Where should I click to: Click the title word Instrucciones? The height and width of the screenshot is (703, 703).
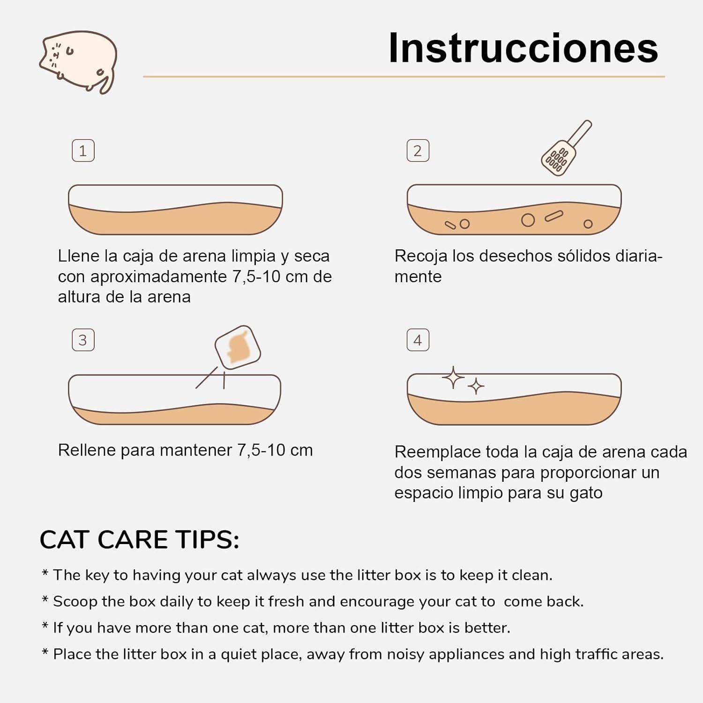coord(523,48)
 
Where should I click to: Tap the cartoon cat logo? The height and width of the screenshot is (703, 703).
coord(78,61)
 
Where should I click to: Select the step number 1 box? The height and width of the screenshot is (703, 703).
coord(83,151)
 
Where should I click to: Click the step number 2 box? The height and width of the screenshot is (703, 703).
coord(418,151)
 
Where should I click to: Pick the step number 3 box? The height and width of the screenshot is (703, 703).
coord(83,340)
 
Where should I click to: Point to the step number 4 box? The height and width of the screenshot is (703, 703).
coord(418,340)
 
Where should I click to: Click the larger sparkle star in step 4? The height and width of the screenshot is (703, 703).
coord(453,378)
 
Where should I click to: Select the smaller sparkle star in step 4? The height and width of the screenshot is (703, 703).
coord(476,387)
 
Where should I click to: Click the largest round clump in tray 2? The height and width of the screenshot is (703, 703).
coord(528,220)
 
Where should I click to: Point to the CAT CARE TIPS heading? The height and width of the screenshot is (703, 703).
coord(139,540)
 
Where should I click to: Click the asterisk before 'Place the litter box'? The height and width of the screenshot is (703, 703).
coord(45,652)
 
